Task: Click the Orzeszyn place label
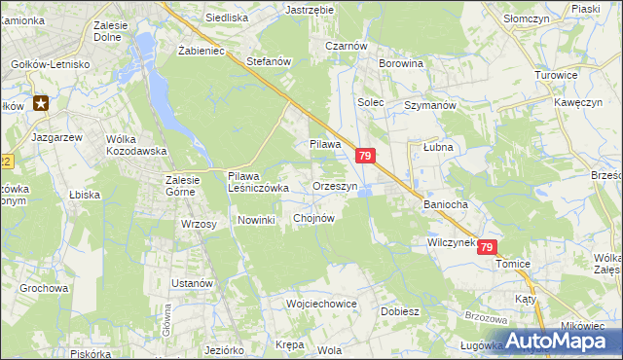pyautogui.click(x=336, y=185)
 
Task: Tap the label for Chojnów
pyautogui.click(x=313, y=219)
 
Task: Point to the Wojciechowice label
pyautogui.click(x=322, y=304)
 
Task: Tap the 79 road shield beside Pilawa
pyautogui.click(x=365, y=156)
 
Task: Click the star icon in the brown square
pyautogui.click(x=41, y=102)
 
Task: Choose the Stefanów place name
pyautogui.click(x=270, y=61)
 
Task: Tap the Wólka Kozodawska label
pyautogui.click(x=136, y=145)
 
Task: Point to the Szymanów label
pyautogui.click(x=430, y=104)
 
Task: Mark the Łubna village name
pyautogui.click(x=439, y=146)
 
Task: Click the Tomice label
pyautogui.click(x=512, y=264)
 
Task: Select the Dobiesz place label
pyautogui.click(x=400, y=312)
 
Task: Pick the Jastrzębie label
pyautogui.click(x=310, y=9)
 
